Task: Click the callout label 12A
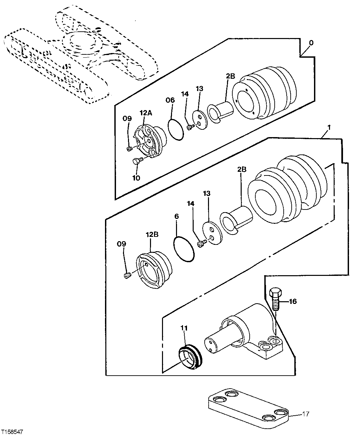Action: click(146, 113)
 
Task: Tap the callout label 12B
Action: click(151, 235)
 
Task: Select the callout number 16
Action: click(292, 302)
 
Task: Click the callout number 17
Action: click(305, 414)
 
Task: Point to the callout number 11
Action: click(184, 328)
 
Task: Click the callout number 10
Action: click(136, 178)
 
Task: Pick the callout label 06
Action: click(170, 100)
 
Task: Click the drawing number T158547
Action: click(12, 432)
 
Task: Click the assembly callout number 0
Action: click(311, 43)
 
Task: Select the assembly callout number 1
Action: click(329, 127)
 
